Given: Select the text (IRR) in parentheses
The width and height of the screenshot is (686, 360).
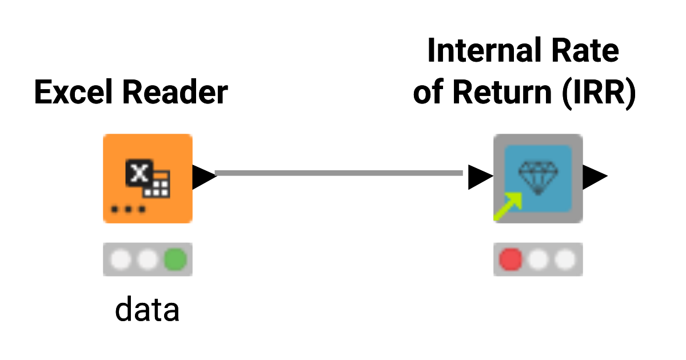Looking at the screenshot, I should click(x=600, y=92).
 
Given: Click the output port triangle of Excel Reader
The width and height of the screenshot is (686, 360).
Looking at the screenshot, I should click(x=203, y=177).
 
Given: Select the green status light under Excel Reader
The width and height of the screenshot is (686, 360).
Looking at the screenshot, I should click(x=174, y=259).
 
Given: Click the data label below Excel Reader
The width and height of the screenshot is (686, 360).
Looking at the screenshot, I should click(x=147, y=309).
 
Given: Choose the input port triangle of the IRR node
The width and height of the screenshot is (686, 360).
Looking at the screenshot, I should click(x=479, y=177).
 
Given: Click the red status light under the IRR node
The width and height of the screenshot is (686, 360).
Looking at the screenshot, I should click(x=510, y=259).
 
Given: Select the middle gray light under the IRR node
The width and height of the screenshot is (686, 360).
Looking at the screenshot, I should click(x=538, y=259).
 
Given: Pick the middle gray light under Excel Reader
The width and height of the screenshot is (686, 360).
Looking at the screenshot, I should click(x=147, y=259).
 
